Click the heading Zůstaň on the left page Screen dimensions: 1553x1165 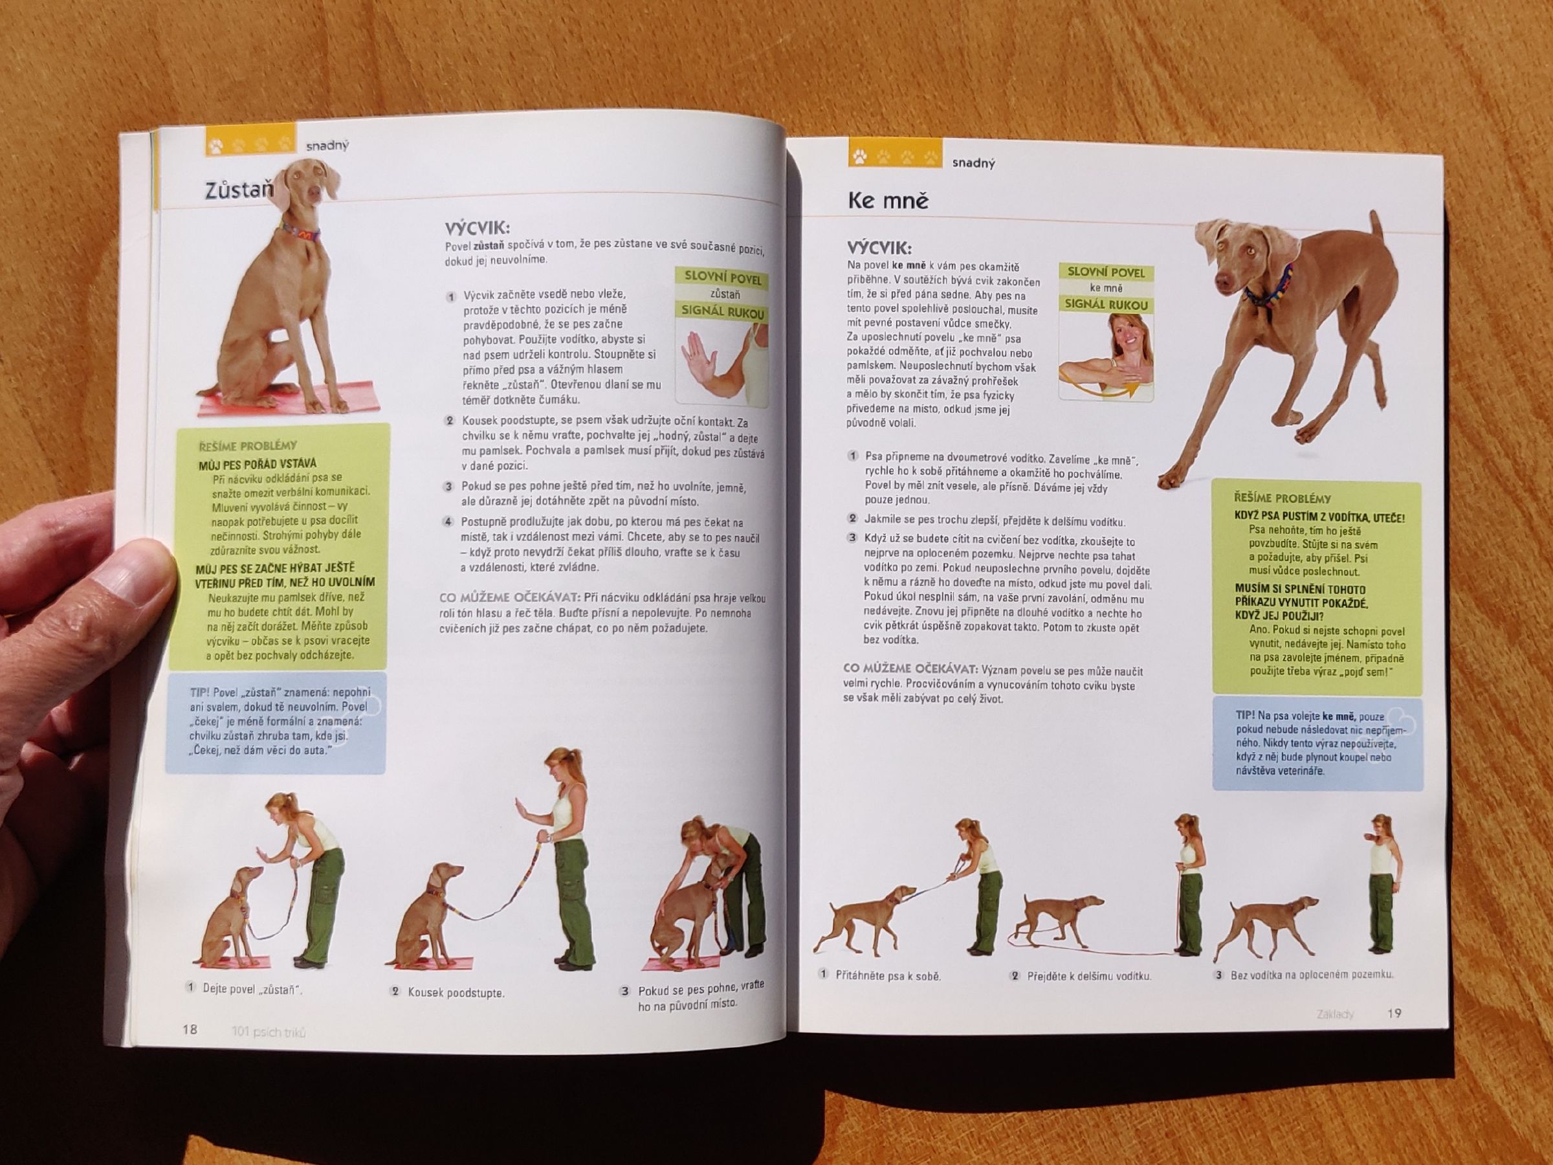tap(237, 191)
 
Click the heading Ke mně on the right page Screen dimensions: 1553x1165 tap(888, 201)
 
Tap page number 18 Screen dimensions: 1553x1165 tap(190, 1030)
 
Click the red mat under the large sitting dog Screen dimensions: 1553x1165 tap(289, 399)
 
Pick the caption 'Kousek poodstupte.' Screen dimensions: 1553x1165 tap(456, 993)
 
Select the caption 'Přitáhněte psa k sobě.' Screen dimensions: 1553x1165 tap(888, 975)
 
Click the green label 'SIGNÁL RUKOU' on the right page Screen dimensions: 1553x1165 tap(1107, 304)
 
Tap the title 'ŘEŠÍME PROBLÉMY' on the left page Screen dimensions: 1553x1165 tap(248, 445)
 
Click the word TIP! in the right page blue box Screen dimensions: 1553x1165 tap(1246, 715)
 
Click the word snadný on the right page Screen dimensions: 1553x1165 tap(974, 163)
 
